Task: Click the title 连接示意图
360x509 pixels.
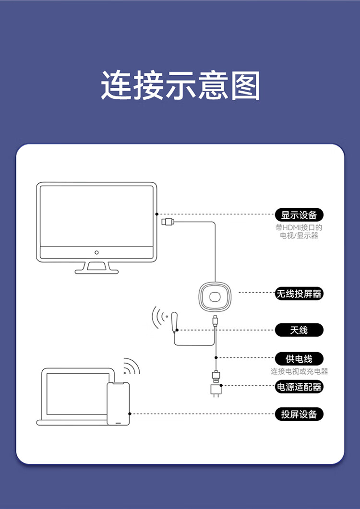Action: (180, 86)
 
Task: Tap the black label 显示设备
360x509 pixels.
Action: (299, 215)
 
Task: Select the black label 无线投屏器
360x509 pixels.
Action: (299, 294)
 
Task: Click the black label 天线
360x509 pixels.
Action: (299, 330)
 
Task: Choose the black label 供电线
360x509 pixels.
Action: (299, 358)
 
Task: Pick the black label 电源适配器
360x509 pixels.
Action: (299, 387)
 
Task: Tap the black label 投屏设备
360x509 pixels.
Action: (299, 414)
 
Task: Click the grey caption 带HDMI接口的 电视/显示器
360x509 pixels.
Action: (299, 232)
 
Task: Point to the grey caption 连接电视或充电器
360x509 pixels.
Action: (299, 371)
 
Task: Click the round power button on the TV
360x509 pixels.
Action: (96, 252)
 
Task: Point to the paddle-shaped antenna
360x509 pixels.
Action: (175, 321)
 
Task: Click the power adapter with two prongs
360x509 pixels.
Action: (216, 390)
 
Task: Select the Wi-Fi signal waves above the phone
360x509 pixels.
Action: (131, 367)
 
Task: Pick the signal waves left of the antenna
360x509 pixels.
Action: (158, 317)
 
